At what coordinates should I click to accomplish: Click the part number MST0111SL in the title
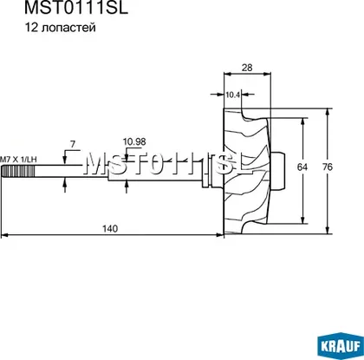pyautogui.click(x=76, y=8)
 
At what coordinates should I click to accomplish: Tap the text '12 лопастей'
pyautogui.click(x=60, y=28)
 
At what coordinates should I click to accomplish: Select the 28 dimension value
pyautogui.click(x=247, y=68)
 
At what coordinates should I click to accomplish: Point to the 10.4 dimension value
pyautogui.click(x=233, y=95)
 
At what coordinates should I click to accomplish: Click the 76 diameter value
pyautogui.click(x=327, y=167)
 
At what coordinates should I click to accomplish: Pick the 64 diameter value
pyautogui.click(x=302, y=167)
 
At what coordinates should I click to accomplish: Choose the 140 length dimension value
pyautogui.click(x=110, y=229)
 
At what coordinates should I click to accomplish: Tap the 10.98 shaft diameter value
pyautogui.click(x=134, y=142)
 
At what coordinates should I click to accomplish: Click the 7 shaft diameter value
pyautogui.click(x=73, y=144)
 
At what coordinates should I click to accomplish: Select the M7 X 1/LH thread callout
pyautogui.click(x=18, y=160)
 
